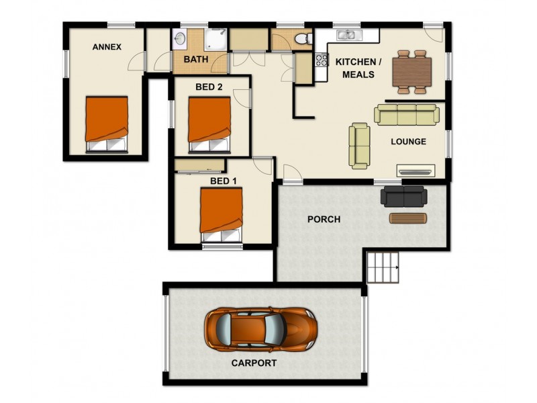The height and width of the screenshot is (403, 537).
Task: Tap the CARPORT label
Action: (254, 363)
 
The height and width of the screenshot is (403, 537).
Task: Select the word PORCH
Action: (324, 220)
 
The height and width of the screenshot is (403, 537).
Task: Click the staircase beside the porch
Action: (383, 267)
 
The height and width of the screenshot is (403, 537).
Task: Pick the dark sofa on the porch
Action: (403, 196)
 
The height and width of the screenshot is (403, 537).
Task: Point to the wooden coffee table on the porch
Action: (407, 218)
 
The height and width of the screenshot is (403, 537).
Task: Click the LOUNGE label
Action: (408, 142)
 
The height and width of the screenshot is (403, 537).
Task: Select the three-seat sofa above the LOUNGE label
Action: (407, 114)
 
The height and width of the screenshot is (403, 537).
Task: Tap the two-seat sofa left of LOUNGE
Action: (359, 146)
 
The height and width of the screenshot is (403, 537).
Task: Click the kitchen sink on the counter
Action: (348, 35)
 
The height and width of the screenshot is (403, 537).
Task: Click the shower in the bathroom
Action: (213, 40)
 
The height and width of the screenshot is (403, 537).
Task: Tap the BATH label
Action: (195, 59)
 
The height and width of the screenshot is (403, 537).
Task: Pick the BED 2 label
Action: (209, 87)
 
